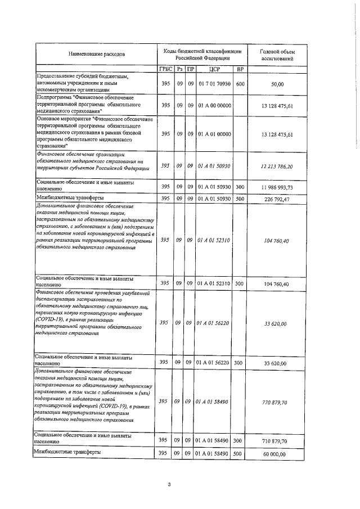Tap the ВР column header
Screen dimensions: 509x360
[x=240, y=69]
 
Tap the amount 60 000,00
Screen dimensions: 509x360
[x=277, y=453]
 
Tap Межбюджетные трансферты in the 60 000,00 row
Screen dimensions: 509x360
[x=70, y=452]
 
